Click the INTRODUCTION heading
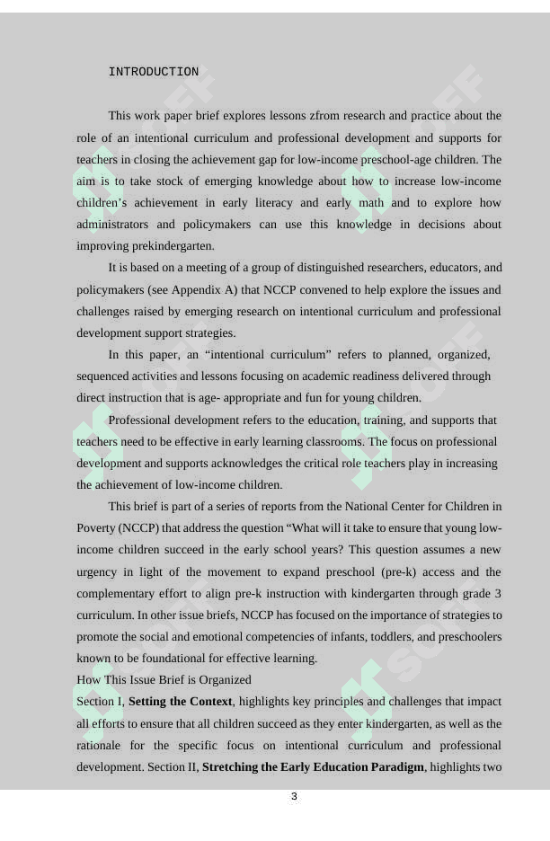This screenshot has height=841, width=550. coord(154,72)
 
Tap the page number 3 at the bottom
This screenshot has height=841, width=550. coord(294,797)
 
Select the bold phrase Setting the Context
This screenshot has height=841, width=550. coord(181,702)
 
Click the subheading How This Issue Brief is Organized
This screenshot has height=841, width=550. coord(164,680)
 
